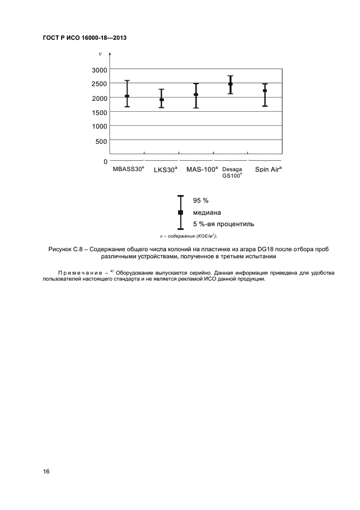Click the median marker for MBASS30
[x=127, y=96]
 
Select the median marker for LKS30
[x=161, y=100]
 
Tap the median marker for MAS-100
[x=196, y=95]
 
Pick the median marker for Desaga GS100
[x=230, y=84]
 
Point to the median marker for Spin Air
[x=265, y=91]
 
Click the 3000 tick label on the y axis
[x=99, y=70]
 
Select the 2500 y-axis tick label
[x=99, y=84]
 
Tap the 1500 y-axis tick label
[x=99, y=112]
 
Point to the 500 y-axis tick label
[x=102, y=141]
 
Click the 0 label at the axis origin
[x=105, y=162]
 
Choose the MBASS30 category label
[x=129, y=169]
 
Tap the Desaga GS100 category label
[x=233, y=172]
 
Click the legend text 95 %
[x=201, y=201]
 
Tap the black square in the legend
[x=181, y=212]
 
